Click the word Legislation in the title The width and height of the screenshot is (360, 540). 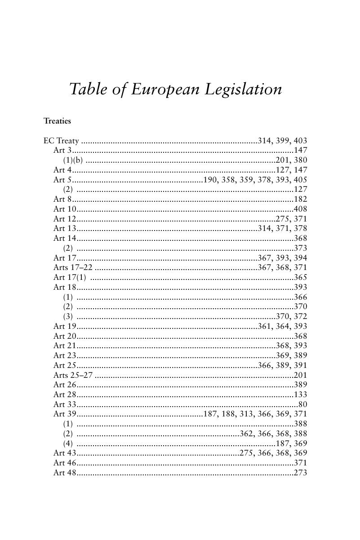click(243, 89)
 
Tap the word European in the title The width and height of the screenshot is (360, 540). click(165, 89)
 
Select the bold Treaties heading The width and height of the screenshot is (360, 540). click(57, 121)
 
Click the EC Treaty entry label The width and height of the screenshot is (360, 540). click(61, 141)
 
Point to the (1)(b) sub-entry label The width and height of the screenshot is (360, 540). click(73, 160)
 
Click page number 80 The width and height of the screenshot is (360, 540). click(302, 404)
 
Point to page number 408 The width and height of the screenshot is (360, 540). click(300, 209)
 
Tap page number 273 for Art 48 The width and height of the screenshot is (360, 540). click(300, 473)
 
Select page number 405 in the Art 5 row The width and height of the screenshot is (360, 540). click(300, 180)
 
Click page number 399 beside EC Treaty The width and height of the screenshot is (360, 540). click(283, 141)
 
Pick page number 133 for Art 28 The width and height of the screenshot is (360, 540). click(300, 394)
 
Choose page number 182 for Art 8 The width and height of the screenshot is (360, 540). click(300, 199)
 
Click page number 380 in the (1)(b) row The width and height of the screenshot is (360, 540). click(300, 160)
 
